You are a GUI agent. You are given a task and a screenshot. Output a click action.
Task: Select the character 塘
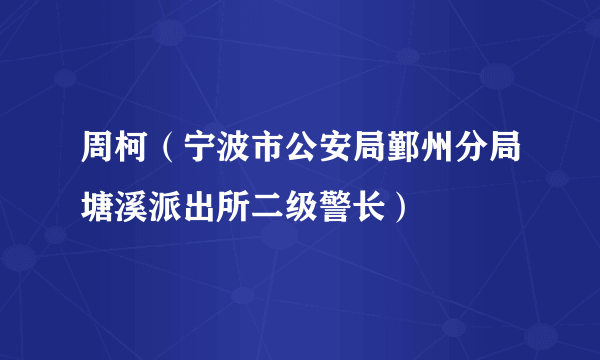click(98, 206)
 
